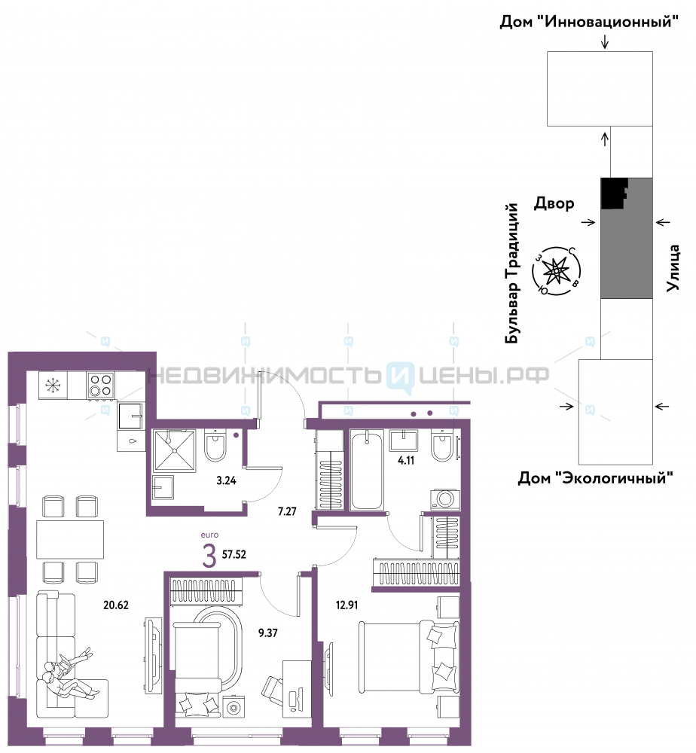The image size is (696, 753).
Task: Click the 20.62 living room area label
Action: [116, 605]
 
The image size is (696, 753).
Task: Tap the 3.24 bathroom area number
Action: [226, 480]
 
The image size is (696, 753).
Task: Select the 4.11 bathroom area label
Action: [406, 460]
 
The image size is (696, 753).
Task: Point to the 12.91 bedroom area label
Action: [346, 605]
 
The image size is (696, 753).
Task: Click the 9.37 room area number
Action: [268, 633]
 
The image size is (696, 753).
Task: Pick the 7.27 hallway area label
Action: [287, 511]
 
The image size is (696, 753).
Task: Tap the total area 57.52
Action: [234, 555]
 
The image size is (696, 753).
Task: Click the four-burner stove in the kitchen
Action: [101, 385]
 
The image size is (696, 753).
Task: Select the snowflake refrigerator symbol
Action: [53, 385]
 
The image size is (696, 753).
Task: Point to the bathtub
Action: [367, 470]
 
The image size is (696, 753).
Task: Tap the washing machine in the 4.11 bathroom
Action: [445, 499]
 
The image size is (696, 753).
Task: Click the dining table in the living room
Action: [70, 539]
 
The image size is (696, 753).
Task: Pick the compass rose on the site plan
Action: [556, 272]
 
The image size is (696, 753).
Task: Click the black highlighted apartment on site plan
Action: [614, 193]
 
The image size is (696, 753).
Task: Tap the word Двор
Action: [554, 203]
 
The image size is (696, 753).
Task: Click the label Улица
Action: [673, 268]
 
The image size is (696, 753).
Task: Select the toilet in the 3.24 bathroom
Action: [215, 446]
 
